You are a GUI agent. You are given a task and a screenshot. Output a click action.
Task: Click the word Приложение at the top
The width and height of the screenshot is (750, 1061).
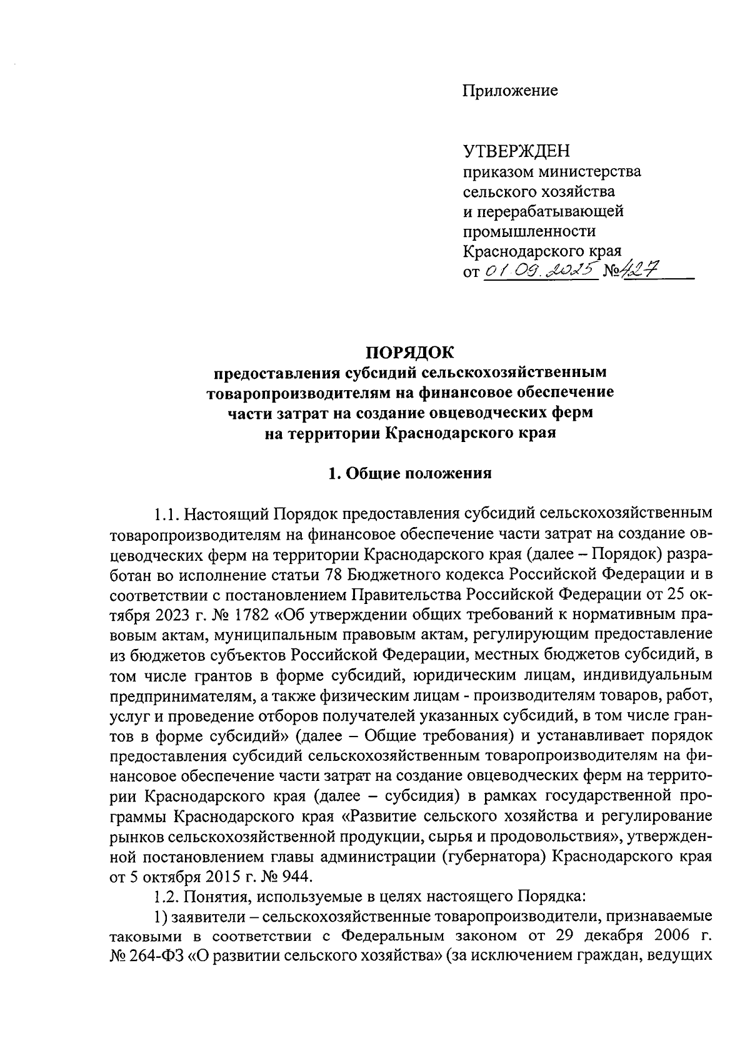point(509,91)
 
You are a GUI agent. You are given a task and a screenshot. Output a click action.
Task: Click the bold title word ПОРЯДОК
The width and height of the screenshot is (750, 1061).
point(410,353)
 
